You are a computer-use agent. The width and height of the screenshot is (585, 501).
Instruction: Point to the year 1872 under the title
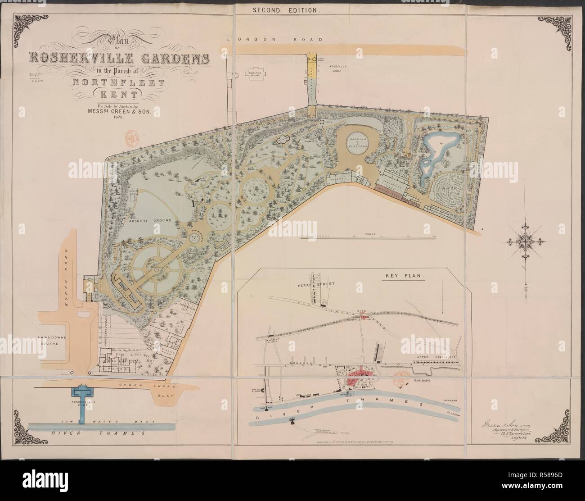pyautogui.click(x=118, y=116)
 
